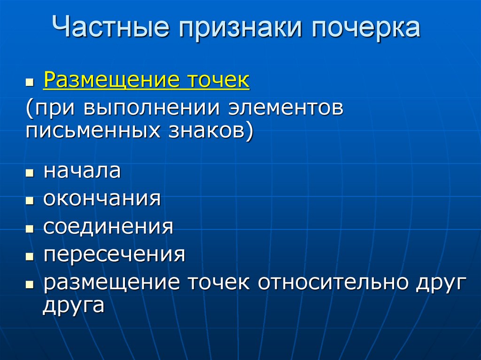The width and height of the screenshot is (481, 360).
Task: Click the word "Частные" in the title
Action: [110, 28]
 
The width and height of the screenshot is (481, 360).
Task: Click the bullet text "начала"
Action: [82, 171]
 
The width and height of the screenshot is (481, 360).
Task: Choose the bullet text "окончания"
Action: [102, 199]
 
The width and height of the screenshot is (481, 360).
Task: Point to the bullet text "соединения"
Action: [108, 227]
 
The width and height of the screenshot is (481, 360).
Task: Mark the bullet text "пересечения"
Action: [114, 255]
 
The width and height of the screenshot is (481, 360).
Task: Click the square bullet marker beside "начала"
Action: [30, 173]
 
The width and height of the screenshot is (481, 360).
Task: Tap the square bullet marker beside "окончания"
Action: [30, 201]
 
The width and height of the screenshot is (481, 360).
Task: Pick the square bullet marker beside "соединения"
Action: [30, 229]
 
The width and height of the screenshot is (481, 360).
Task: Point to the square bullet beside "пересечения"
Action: [30, 257]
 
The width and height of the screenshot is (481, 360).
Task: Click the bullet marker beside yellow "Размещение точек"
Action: [30, 82]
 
